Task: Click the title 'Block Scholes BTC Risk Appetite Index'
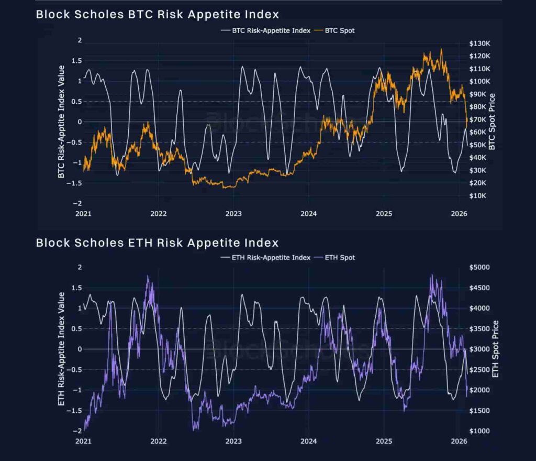[157, 14]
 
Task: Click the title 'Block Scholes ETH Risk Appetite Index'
[157, 243]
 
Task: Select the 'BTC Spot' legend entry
[340, 30]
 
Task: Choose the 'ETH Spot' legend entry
[340, 257]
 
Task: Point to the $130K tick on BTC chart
[479, 43]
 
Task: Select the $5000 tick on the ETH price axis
[478, 268]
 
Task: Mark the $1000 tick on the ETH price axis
[478, 431]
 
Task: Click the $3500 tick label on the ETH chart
[478, 329]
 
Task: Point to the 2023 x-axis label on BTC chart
[233, 214]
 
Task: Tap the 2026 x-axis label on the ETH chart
[459, 442]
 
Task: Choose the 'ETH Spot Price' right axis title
[496, 349]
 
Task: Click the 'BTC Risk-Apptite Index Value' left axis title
[61, 122]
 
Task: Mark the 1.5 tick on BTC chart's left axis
[77, 61]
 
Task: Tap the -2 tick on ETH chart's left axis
[79, 431]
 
